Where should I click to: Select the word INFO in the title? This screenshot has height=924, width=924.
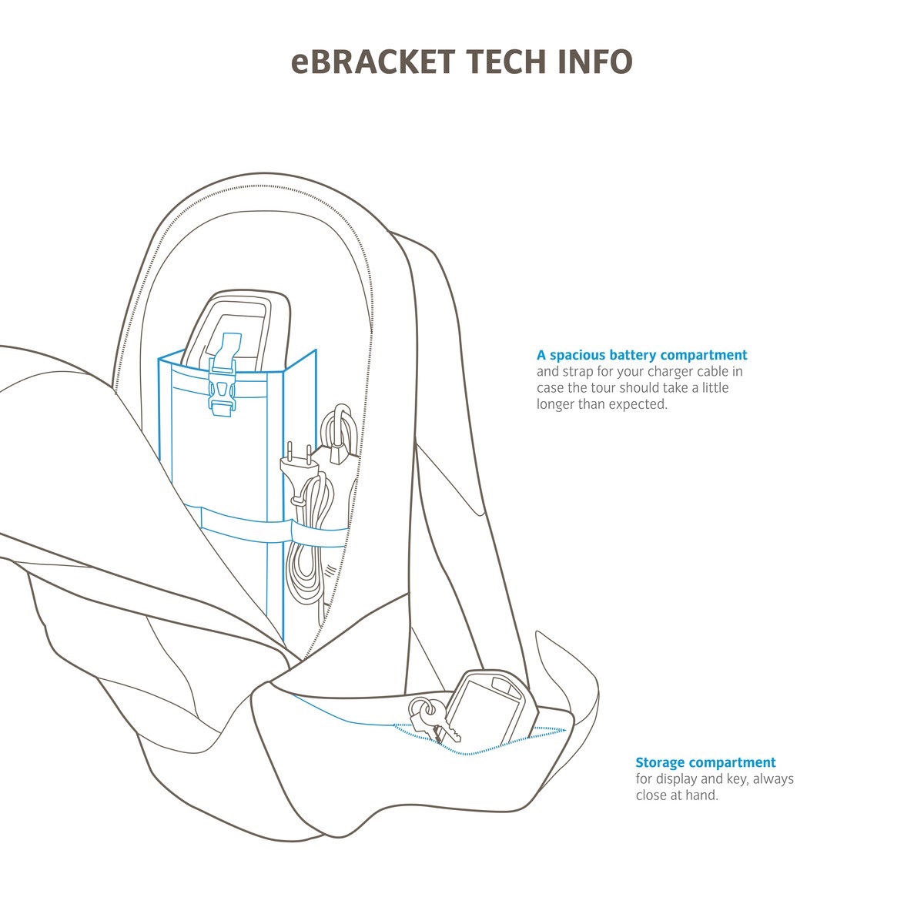click(x=594, y=62)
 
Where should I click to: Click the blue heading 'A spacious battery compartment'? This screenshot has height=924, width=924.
click(x=641, y=355)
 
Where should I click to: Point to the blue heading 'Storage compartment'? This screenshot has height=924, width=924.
click(x=705, y=762)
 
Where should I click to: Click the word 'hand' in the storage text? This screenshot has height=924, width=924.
click(x=701, y=795)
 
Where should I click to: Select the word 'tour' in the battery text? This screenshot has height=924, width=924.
click(x=603, y=388)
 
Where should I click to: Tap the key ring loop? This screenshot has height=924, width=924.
click(x=420, y=706)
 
